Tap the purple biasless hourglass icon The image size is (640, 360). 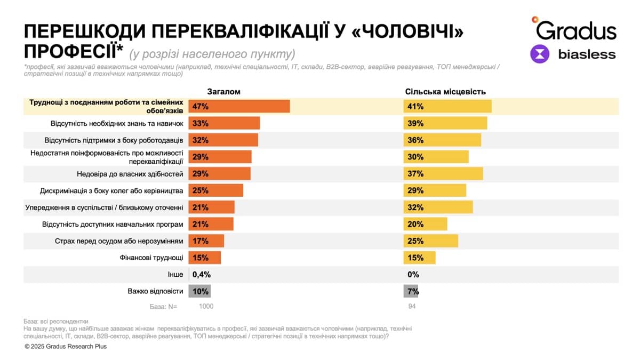tap(540, 54)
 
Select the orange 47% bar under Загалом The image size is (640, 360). tap(239, 106)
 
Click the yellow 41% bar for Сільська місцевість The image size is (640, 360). tap(447, 106)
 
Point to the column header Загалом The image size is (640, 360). tap(223, 92)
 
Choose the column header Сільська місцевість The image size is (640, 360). tap(445, 92)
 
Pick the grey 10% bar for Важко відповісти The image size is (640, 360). tap(199, 291)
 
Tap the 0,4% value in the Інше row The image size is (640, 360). tap(201, 275)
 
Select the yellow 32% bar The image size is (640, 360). tap(438, 207)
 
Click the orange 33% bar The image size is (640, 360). tap(224, 123)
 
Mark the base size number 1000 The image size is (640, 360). tap(206, 306)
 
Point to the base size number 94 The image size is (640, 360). tap(411, 306)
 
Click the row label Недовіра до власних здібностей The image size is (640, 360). tap(130, 174)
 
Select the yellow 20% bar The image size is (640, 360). tap(425, 224)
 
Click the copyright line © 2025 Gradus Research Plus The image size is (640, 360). tap(66, 347)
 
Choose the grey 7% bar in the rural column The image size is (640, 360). tap(411, 291)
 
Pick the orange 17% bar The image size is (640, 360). tap(206, 241)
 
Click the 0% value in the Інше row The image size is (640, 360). tap(413, 275)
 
